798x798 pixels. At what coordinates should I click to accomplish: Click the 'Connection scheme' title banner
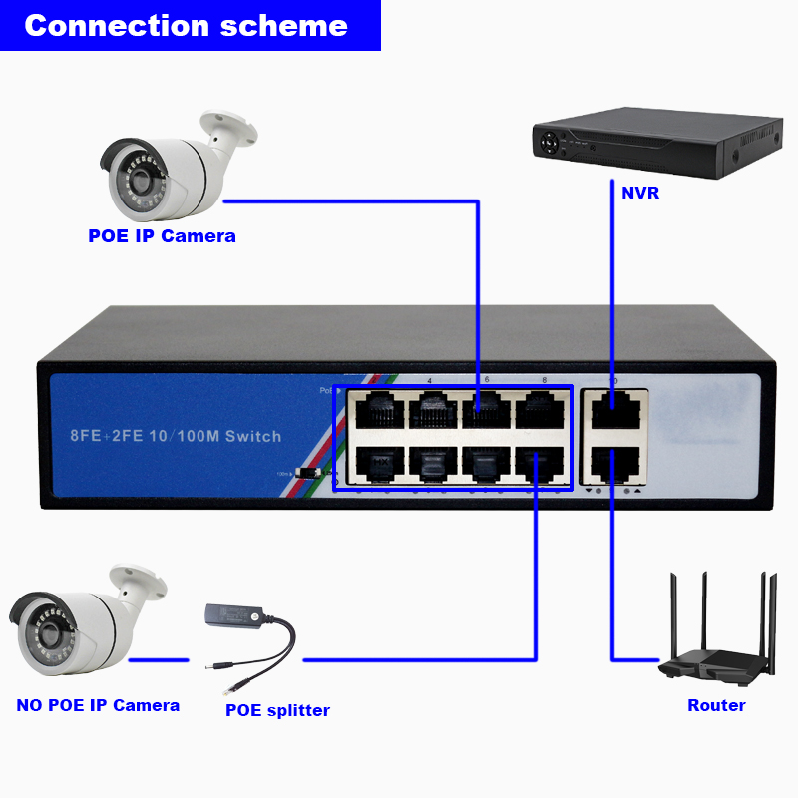[x=187, y=25]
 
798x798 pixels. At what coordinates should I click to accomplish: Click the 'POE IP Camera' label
[x=162, y=236]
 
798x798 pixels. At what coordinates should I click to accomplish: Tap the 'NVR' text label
[x=638, y=193]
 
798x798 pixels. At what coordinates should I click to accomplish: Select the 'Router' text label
[x=716, y=705]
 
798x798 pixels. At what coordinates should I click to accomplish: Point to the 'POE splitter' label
[x=277, y=710]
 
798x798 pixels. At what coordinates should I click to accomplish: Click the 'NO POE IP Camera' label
[x=98, y=705]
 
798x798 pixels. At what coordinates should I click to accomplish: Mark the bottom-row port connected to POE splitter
[x=539, y=463]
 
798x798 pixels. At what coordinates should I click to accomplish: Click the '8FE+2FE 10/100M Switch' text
[x=175, y=436]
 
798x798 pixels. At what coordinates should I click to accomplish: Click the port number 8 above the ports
[x=544, y=380]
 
